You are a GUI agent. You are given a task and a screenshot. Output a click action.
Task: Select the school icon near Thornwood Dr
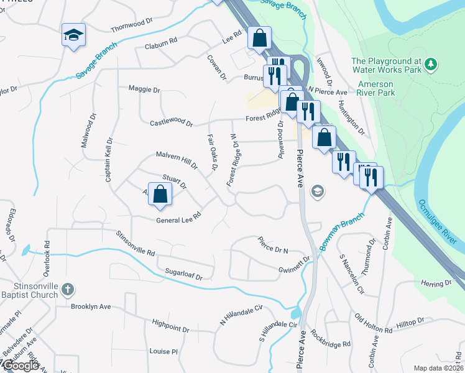73,34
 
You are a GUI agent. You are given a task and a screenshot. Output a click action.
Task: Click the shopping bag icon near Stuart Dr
160,193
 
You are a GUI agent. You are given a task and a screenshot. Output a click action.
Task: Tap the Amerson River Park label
376,88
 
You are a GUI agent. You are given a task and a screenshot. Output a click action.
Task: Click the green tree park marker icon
430,64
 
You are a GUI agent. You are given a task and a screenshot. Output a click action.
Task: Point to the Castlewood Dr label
171,123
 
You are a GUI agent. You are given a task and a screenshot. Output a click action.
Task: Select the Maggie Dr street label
144,90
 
